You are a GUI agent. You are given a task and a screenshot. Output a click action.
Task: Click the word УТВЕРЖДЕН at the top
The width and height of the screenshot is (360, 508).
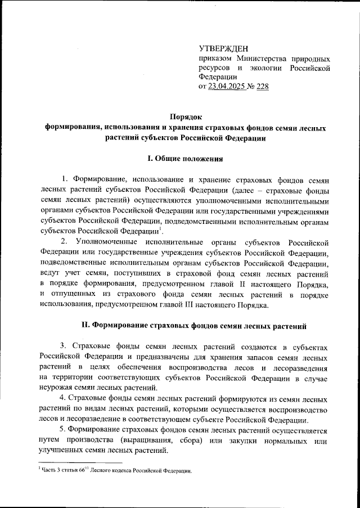tap(223, 49)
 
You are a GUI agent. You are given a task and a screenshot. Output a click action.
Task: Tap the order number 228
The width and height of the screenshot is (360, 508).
tap(262, 87)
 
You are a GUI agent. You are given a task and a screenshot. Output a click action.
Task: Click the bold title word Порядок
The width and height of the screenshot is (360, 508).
tap(185, 116)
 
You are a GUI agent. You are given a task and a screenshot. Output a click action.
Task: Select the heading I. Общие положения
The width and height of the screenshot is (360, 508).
tap(185, 159)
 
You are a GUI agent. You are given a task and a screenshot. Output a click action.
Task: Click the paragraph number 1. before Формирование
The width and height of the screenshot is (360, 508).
tap(65, 179)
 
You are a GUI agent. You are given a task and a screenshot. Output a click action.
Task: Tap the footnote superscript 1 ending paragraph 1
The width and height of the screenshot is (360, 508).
tap(160, 228)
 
